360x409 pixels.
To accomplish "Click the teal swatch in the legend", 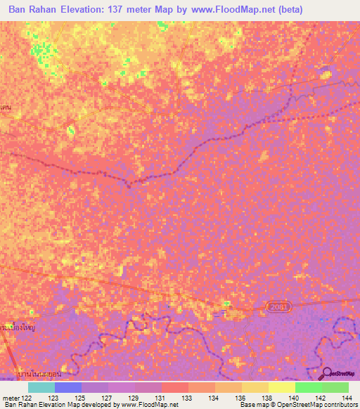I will (x=41, y=387).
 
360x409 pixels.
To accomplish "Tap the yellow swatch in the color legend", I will (x=281, y=387).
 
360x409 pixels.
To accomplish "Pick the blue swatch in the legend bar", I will (x=67, y=387).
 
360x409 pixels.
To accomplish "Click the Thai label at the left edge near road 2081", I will (x=18, y=327).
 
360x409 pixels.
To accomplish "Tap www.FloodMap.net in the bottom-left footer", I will (x=148, y=405).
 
